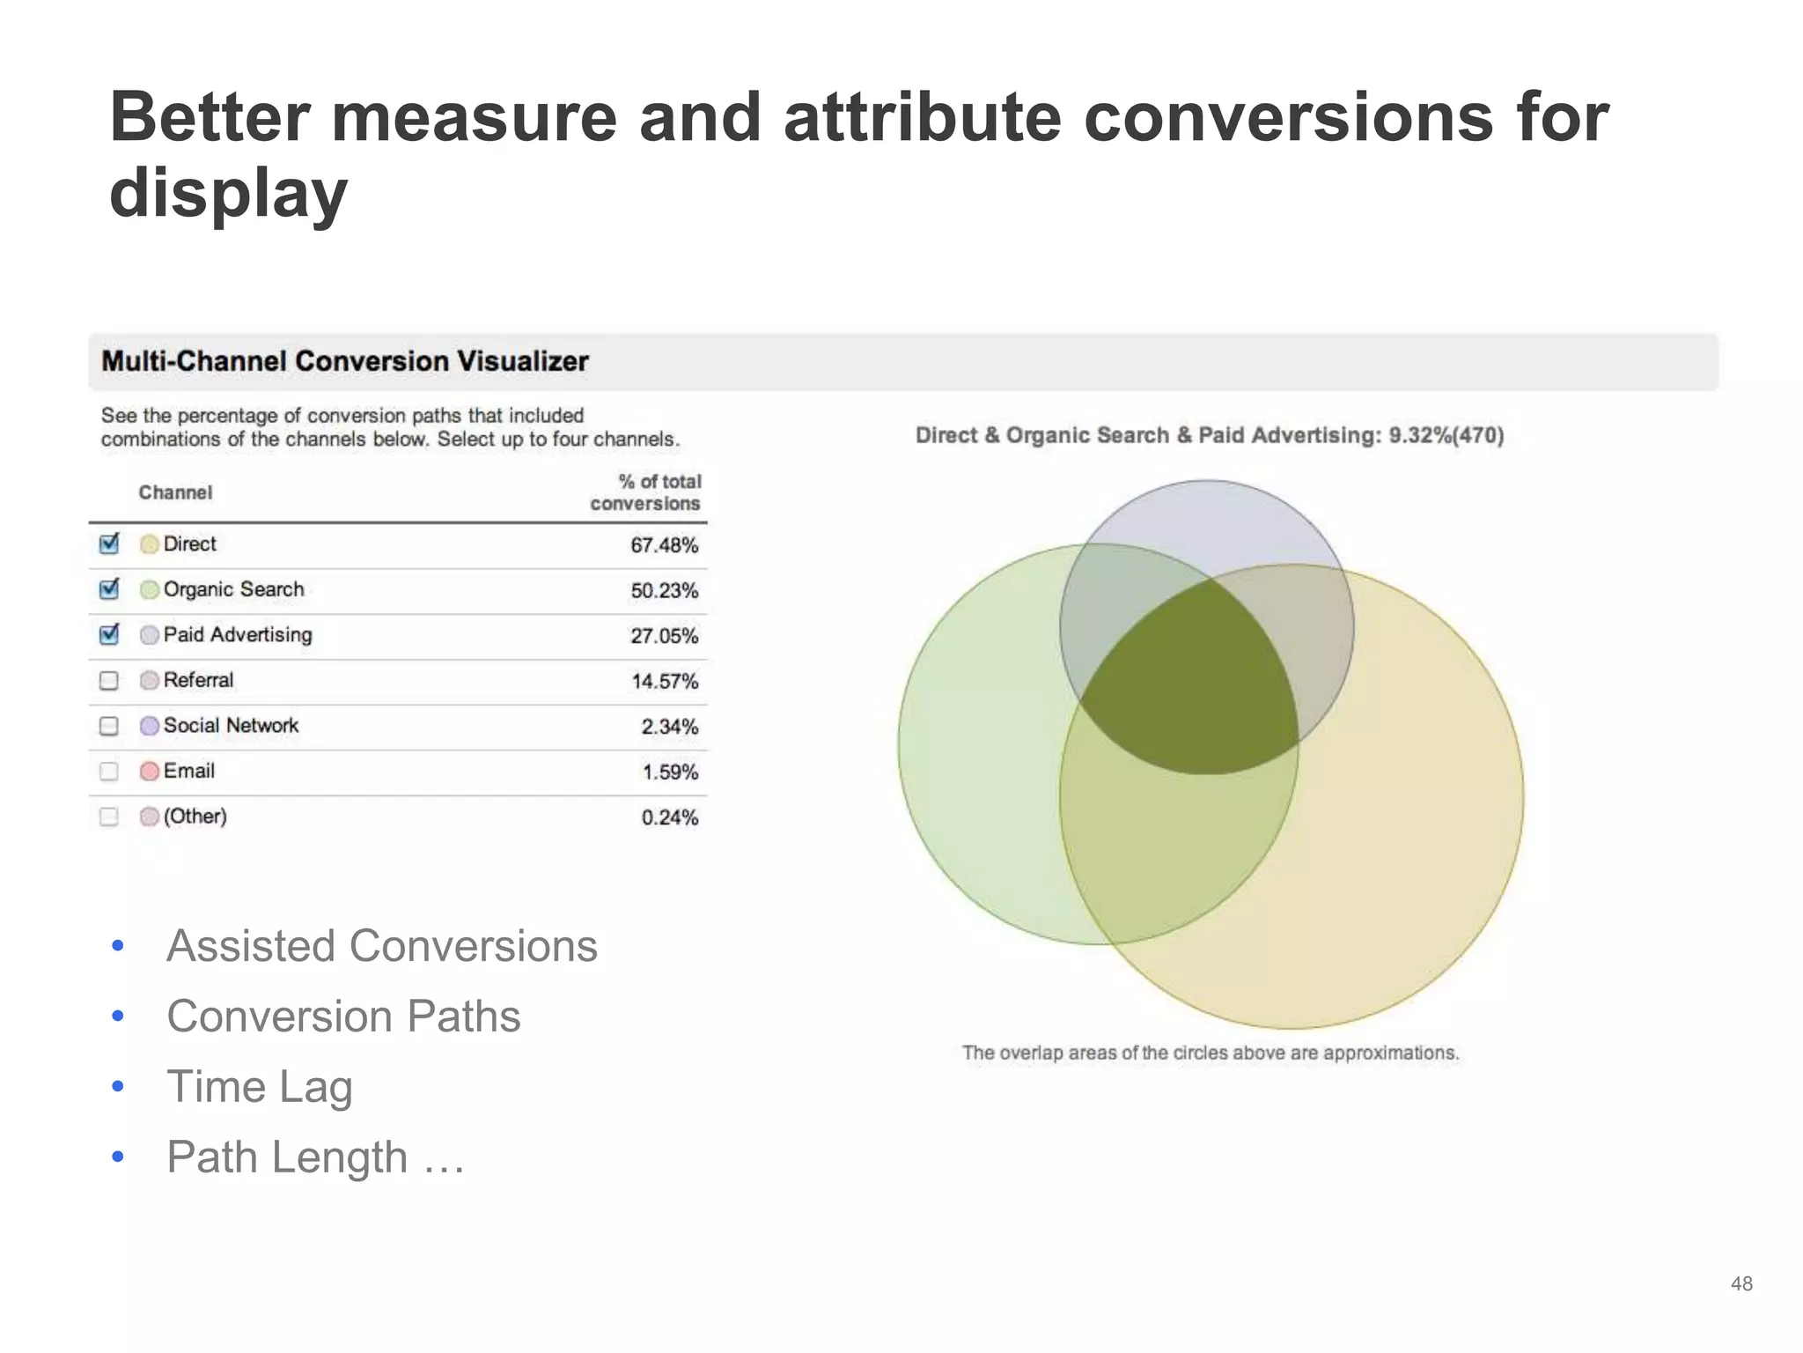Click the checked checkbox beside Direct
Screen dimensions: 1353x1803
(109, 544)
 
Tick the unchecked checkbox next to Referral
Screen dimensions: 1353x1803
(109, 681)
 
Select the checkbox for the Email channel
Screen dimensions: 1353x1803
(109, 772)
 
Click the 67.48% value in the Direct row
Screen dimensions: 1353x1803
(664, 545)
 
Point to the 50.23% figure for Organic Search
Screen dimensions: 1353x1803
(664, 590)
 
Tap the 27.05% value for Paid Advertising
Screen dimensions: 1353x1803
(664, 636)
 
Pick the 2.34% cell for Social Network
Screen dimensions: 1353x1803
(669, 727)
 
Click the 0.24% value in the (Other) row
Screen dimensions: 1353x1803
(669, 817)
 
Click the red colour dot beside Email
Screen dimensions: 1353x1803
(150, 772)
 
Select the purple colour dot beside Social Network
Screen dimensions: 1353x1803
(150, 726)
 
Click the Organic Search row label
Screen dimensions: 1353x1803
(233, 589)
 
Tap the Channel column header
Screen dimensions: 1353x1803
(175, 492)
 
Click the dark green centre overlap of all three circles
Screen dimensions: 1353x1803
(1189, 687)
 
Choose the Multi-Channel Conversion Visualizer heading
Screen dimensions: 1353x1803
(344, 361)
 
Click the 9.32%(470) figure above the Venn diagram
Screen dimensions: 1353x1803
(1446, 435)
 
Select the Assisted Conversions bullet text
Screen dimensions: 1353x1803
(382, 946)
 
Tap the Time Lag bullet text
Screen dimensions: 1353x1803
(260, 1086)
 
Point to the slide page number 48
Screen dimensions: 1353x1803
(1740, 1283)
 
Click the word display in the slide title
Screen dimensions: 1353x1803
(229, 194)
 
